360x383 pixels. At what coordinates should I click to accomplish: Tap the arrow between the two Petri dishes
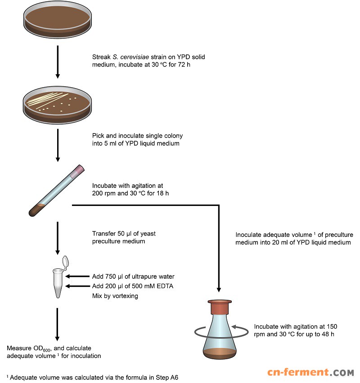tap(57, 63)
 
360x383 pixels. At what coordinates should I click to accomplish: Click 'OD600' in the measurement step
tap(42, 349)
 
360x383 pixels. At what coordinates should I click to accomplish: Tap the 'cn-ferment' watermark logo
tap(310, 372)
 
